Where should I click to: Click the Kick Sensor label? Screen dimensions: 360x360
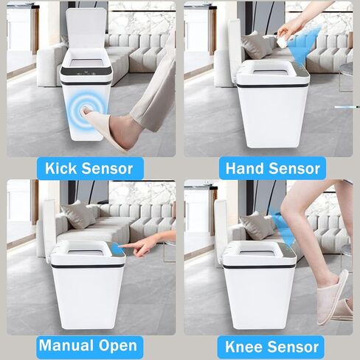click(89, 168)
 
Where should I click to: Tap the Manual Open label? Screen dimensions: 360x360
click(88, 345)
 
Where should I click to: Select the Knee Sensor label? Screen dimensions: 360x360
click(270, 346)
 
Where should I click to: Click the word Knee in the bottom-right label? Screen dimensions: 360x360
click(243, 346)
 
